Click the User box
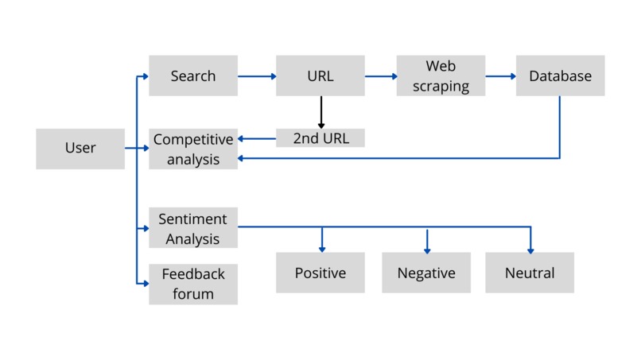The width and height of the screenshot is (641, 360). [x=80, y=149]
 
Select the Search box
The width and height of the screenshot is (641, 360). [x=193, y=76]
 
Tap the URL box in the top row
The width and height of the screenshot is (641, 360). [x=320, y=76]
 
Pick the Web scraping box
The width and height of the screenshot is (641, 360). [x=441, y=76]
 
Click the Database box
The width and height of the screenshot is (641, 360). [x=560, y=76]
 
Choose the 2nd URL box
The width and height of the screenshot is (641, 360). [x=320, y=138]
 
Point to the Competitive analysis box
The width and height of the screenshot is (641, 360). [x=193, y=149]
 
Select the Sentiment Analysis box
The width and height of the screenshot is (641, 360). [x=193, y=229]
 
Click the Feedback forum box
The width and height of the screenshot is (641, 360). [x=193, y=284]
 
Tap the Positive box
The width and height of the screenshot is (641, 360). [x=320, y=273]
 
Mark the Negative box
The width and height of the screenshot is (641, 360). [x=426, y=273]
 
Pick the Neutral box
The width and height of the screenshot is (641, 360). [x=530, y=273]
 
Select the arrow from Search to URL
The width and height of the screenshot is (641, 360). [x=257, y=77]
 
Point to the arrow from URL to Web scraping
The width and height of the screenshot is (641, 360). [x=381, y=77]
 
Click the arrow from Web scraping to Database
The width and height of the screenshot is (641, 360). [x=501, y=77]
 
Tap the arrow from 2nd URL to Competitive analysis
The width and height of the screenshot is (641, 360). [x=257, y=139]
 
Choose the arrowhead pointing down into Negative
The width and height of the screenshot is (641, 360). [x=427, y=249]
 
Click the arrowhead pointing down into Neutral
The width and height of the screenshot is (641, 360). [x=530, y=249]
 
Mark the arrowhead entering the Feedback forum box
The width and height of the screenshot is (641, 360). [x=145, y=284]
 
